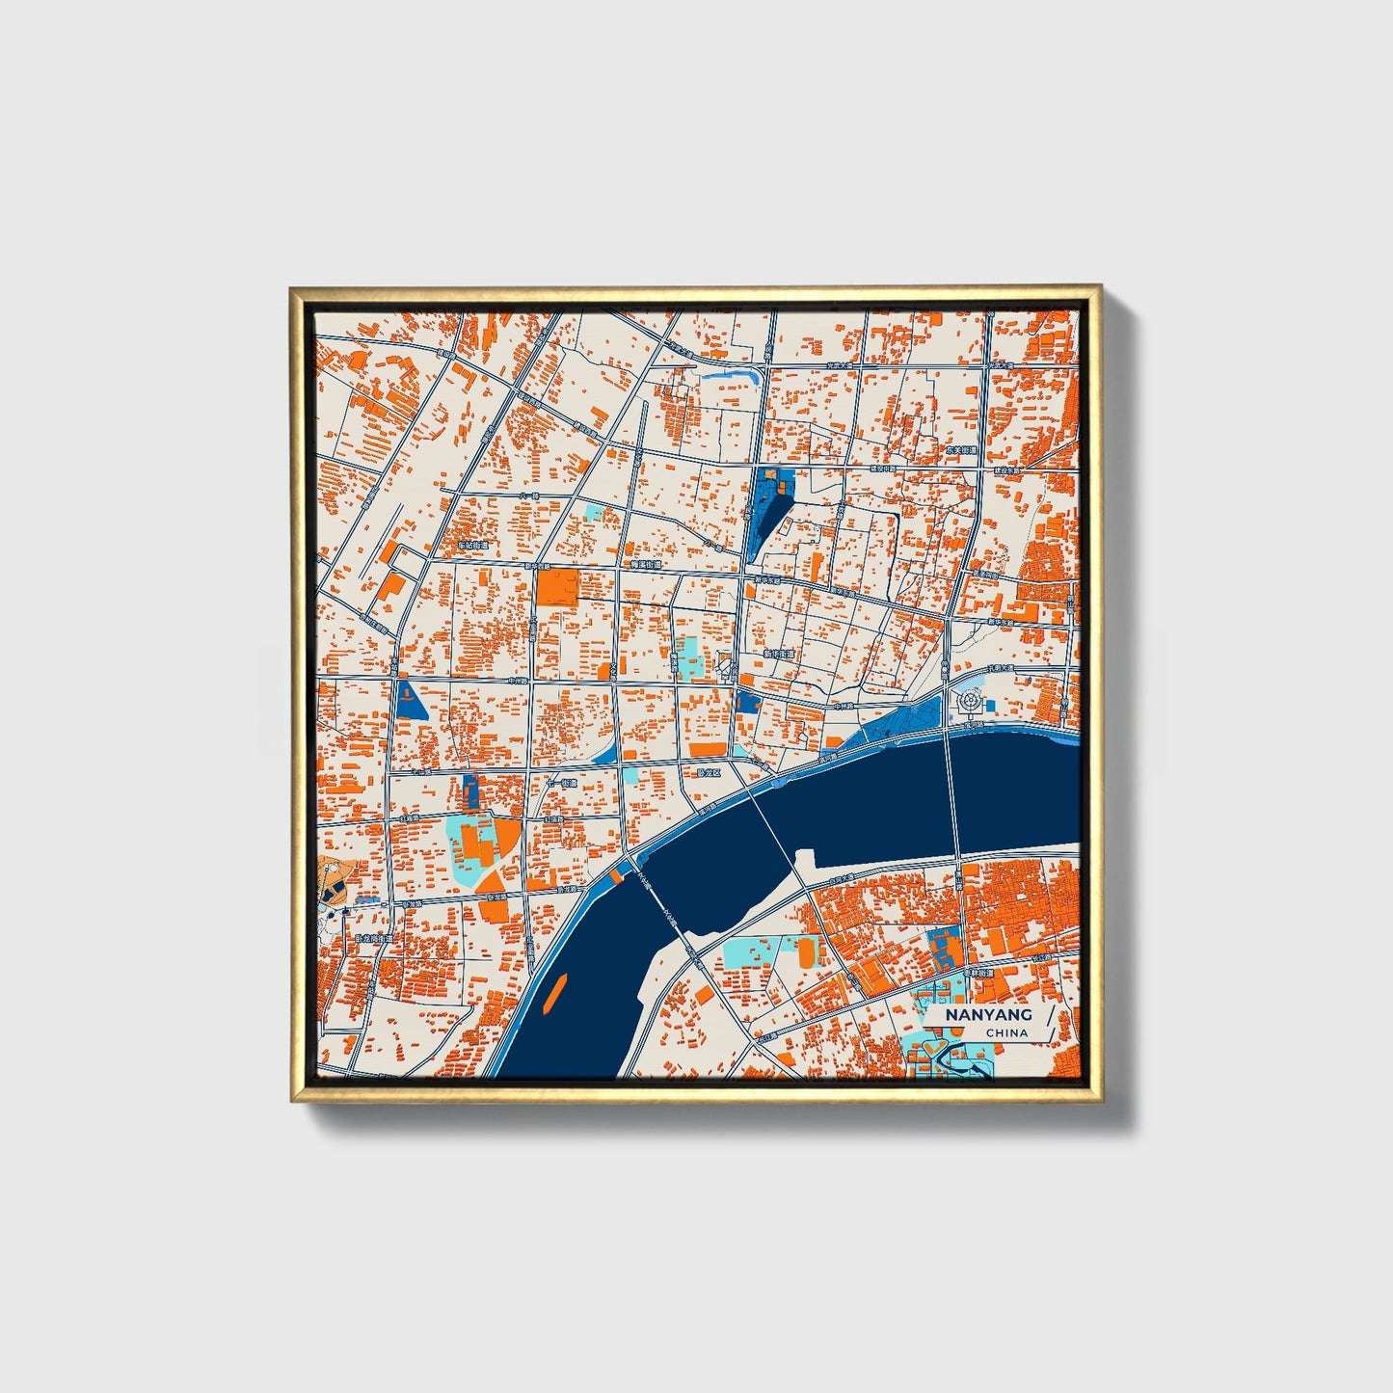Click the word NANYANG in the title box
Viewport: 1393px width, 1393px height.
tap(988, 1015)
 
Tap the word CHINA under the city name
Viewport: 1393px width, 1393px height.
tap(1006, 1032)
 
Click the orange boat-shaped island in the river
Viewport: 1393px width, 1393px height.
tap(553, 993)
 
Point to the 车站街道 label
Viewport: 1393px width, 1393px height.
tap(473, 545)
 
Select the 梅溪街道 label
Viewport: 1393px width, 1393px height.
tap(645, 564)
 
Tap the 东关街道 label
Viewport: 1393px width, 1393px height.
tap(961, 450)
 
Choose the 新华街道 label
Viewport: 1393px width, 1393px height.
tap(778, 654)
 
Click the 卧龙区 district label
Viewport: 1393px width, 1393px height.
tap(708, 772)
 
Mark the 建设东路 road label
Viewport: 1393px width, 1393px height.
tap(1007, 470)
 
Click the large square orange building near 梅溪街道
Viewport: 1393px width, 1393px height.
tap(557, 587)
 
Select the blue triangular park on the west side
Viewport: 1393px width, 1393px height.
tap(411, 700)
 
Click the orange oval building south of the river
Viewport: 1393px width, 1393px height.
tap(805, 952)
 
